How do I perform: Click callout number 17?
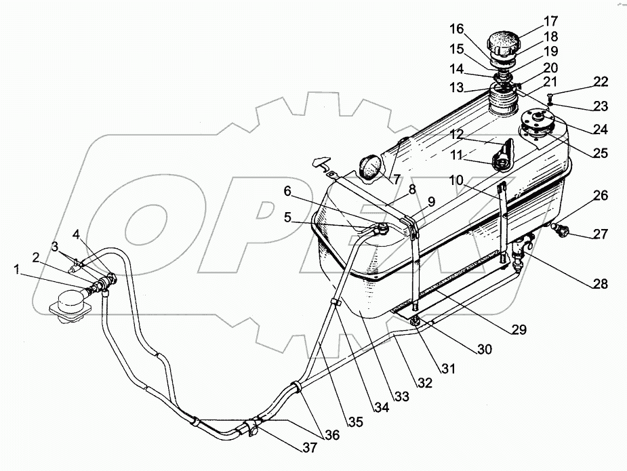pyautogui.click(x=550, y=20)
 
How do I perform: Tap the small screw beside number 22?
pyautogui.click(x=550, y=97)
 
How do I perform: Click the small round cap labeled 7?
pyautogui.click(x=369, y=167)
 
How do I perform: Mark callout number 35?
pyautogui.click(x=356, y=422)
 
